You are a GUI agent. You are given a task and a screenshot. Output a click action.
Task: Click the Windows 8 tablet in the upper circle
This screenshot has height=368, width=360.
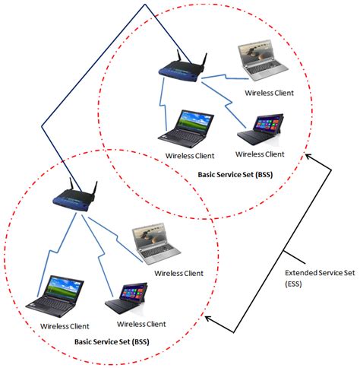pos(261,131)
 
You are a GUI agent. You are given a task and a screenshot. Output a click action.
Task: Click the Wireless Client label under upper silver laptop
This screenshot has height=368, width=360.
pos(269,93)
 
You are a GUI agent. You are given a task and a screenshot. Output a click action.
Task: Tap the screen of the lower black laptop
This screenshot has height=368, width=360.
pos(55,287)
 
